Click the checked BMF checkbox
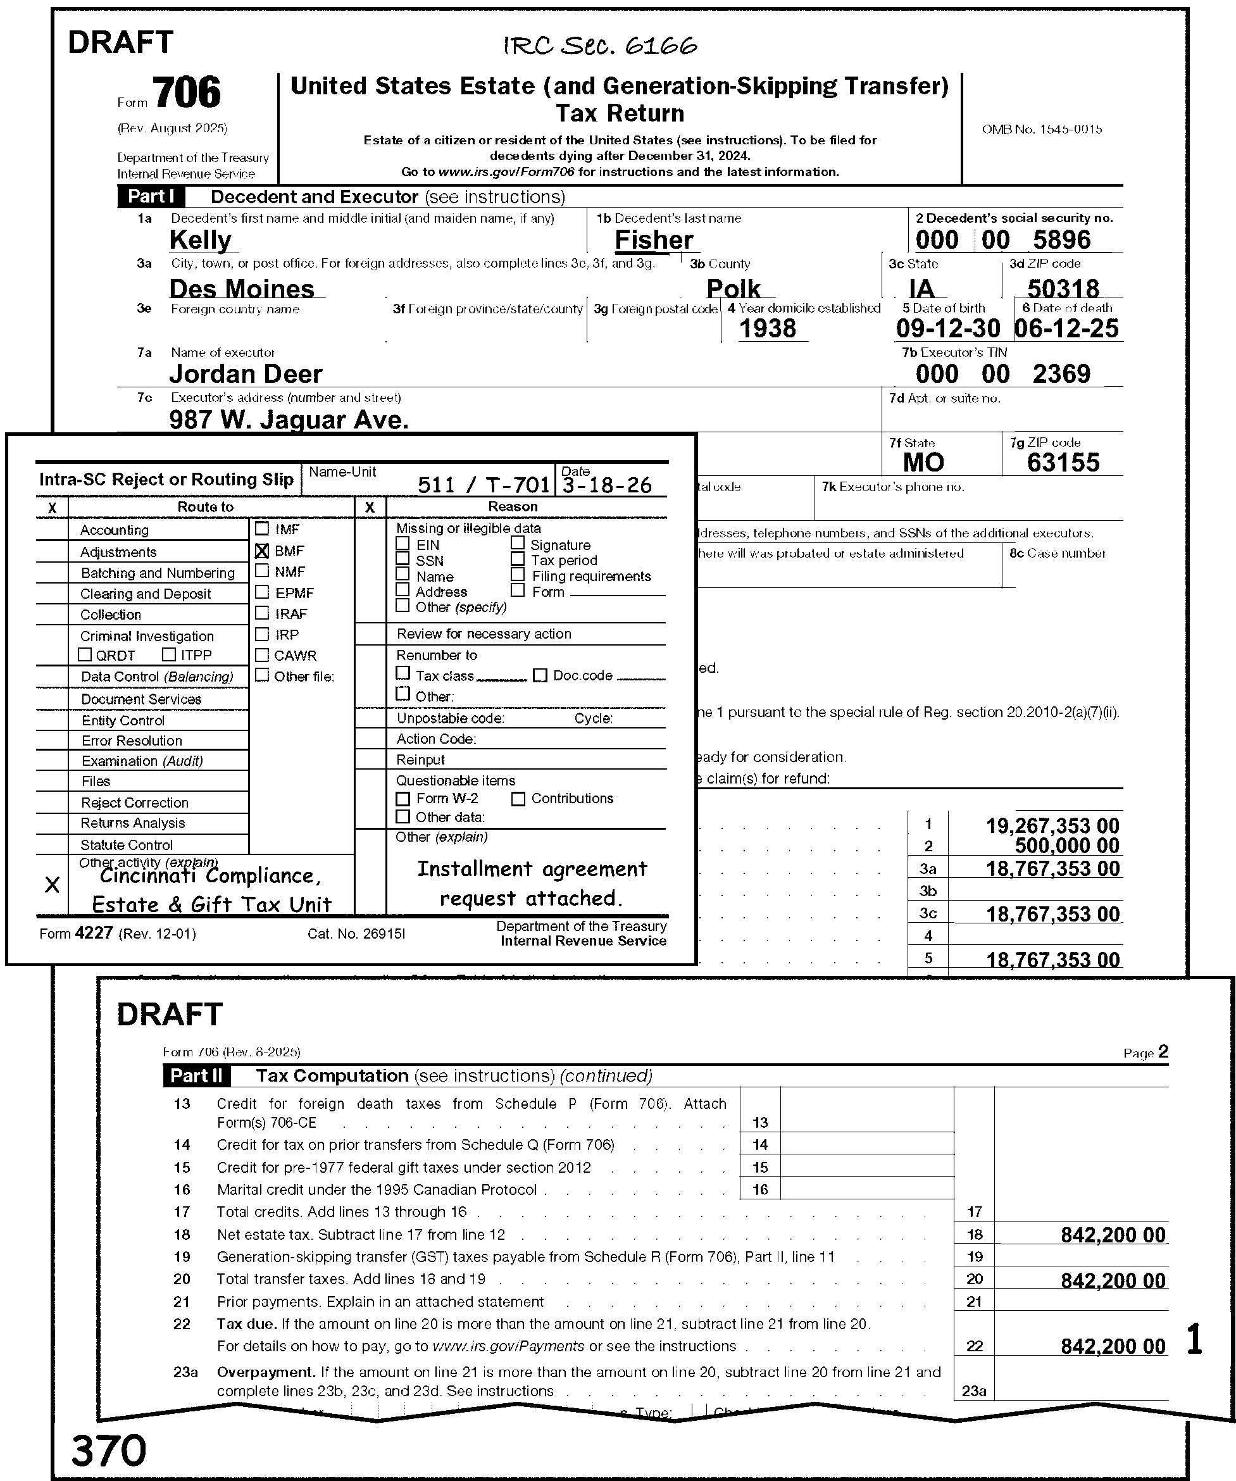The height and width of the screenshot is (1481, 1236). pos(261,551)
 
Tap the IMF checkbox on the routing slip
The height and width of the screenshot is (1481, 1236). pos(261,528)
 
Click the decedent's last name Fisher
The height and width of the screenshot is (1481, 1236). pos(654,241)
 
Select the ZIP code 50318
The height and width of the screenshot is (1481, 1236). pos(1063,289)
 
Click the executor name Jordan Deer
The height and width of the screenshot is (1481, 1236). pos(246,374)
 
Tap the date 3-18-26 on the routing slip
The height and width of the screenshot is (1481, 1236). pos(607,485)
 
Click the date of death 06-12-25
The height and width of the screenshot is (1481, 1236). pos(1066,328)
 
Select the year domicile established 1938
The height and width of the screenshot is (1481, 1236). pos(767,328)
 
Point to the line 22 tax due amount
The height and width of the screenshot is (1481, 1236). pos(1113,1346)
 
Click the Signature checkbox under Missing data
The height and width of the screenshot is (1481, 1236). pos(518,543)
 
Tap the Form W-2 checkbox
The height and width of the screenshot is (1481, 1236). pos(403,799)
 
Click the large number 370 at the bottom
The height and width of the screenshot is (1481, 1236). pos(109,1451)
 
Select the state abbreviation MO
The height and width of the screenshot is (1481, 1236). pos(923,463)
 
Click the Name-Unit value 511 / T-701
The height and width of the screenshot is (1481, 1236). pos(483,485)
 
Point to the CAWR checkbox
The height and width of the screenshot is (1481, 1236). pos(261,655)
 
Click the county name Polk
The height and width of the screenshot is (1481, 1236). pos(733,289)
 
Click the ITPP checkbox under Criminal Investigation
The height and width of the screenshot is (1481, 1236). pos(168,654)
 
